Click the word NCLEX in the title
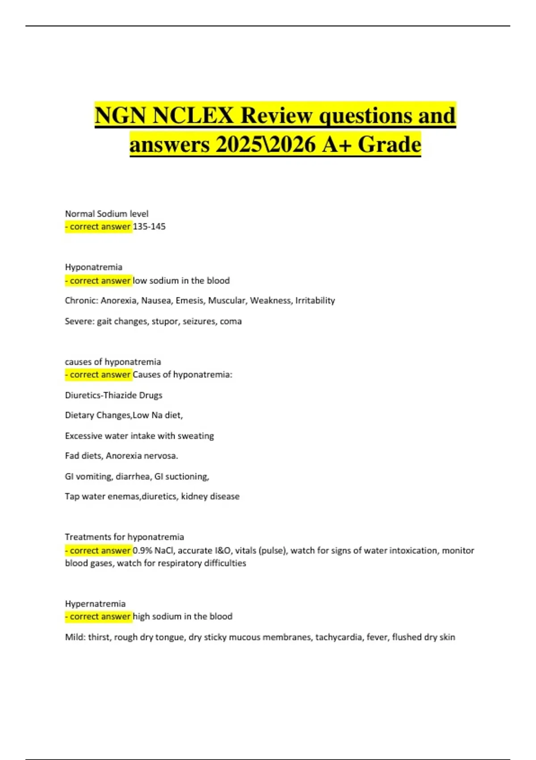point(193,116)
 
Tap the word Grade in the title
point(389,144)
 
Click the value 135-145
point(149,227)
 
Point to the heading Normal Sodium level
point(107,214)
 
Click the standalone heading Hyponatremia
point(93,267)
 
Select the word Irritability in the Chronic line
point(315,300)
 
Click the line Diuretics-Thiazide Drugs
point(113,395)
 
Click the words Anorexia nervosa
point(142,456)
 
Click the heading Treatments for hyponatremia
point(124,537)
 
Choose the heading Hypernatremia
point(95,604)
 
